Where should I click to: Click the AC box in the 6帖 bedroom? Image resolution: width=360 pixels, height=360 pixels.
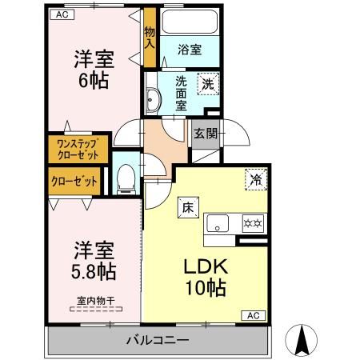pyautogui.click(x=62, y=14)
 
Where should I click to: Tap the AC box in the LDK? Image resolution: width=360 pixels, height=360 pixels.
pyautogui.click(x=253, y=316)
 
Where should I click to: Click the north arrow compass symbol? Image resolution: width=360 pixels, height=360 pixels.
pyautogui.click(x=302, y=341)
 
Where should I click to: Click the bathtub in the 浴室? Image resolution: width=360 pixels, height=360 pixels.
pyautogui.click(x=190, y=22)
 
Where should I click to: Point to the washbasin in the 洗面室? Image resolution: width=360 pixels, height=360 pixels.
pyautogui.click(x=153, y=100)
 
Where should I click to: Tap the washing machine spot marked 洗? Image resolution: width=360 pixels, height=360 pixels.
pyautogui.click(x=208, y=84)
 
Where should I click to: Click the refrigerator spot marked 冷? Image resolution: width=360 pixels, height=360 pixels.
pyautogui.click(x=256, y=179)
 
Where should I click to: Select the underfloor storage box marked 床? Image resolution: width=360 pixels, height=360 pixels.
pyautogui.click(x=188, y=207)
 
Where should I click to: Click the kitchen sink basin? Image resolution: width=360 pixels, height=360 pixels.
pyautogui.click(x=218, y=223)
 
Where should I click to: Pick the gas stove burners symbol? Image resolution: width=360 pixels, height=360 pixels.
pyautogui.click(x=253, y=223)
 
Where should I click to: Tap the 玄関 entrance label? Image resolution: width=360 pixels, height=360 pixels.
pyautogui.click(x=206, y=134)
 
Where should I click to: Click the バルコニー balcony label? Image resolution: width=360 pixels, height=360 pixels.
pyautogui.click(x=158, y=340)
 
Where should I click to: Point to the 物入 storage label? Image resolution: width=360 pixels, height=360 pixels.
pyautogui.click(x=150, y=38)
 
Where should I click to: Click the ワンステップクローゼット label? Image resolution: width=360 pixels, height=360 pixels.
pyautogui.click(x=78, y=150)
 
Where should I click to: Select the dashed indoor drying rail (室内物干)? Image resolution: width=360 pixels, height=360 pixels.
pyautogui.click(x=96, y=310)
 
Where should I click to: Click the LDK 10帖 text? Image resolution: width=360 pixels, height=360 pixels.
pyautogui.click(x=206, y=278)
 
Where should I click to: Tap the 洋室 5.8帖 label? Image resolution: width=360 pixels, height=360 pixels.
pyautogui.click(x=94, y=261)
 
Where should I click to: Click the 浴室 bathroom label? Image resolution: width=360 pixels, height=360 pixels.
pyautogui.click(x=190, y=50)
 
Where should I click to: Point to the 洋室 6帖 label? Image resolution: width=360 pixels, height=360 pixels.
pyautogui.click(x=94, y=70)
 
